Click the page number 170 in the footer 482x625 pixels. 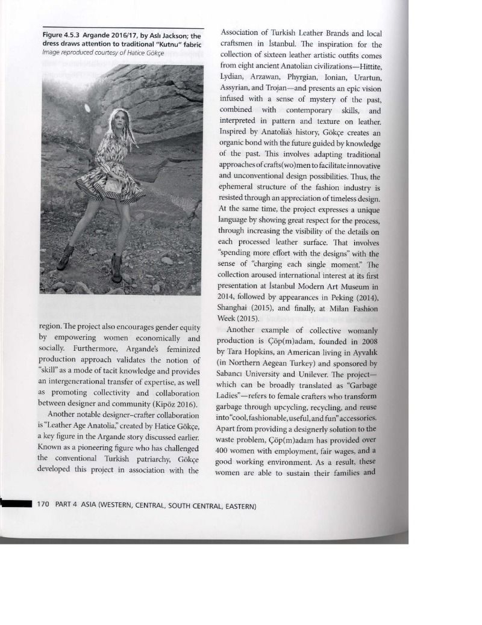point(43,503)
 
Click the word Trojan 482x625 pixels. point(284,88)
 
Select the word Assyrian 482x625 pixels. point(237,88)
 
